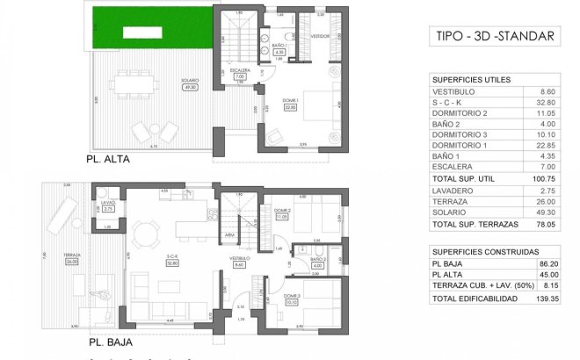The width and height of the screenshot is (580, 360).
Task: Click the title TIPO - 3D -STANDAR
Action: tap(495, 37)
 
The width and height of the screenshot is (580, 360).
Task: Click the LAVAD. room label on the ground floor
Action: tap(108, 204)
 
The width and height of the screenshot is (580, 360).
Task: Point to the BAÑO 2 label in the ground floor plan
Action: tap(318, 259)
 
